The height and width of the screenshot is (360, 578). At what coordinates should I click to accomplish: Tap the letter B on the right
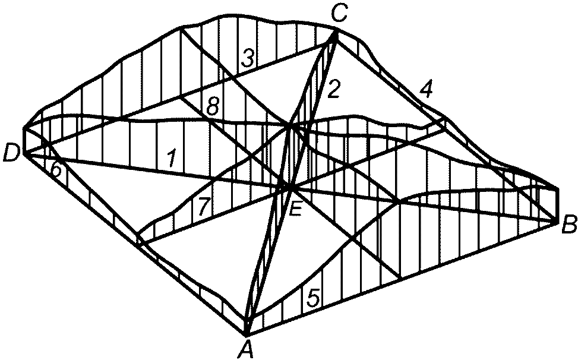pos(567,225)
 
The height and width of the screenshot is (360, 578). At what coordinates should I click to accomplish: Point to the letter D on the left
pos(10,154)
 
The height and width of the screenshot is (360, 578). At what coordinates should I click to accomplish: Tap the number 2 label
pos(334,89)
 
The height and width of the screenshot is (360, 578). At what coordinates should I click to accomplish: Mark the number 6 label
pos(55,170)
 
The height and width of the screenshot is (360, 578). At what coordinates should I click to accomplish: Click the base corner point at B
pos(557,222)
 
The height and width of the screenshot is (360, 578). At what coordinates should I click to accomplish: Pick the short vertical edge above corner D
pos(24,141)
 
